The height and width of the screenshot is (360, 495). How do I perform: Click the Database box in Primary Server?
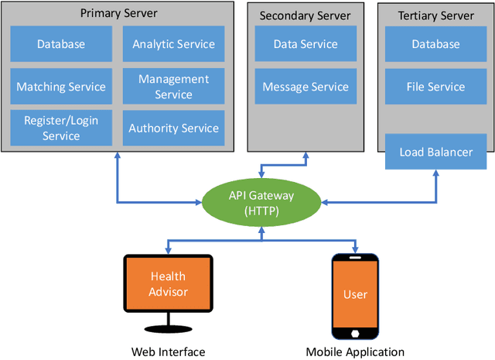click(61, 45)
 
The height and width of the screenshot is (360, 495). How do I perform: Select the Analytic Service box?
click(172, 45)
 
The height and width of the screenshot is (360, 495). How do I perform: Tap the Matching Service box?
click(61, 87)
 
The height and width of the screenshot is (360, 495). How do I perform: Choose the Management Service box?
click(172, 87)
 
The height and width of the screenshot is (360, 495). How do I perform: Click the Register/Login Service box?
click(61, 128)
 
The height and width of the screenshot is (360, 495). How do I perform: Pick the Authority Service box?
click(172, 128)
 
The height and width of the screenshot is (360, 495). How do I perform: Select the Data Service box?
click(305, 45)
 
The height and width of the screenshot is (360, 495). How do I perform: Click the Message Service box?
click(305, 87)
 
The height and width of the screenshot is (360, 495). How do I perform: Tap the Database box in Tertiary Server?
click(435, 45)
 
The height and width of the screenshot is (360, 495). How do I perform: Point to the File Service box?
click(435, 87)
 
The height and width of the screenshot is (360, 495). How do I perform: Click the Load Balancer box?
click(435, 152)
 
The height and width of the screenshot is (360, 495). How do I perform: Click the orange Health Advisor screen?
click(168, 283)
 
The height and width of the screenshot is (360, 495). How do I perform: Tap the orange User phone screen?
click(355, 294)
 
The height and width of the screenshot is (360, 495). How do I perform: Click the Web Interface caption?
click(168, 351)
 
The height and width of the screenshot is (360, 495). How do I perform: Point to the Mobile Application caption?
click(355, 351)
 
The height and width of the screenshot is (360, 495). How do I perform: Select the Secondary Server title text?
click(305, 15)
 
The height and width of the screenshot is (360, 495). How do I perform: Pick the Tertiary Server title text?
click(435, 15)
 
